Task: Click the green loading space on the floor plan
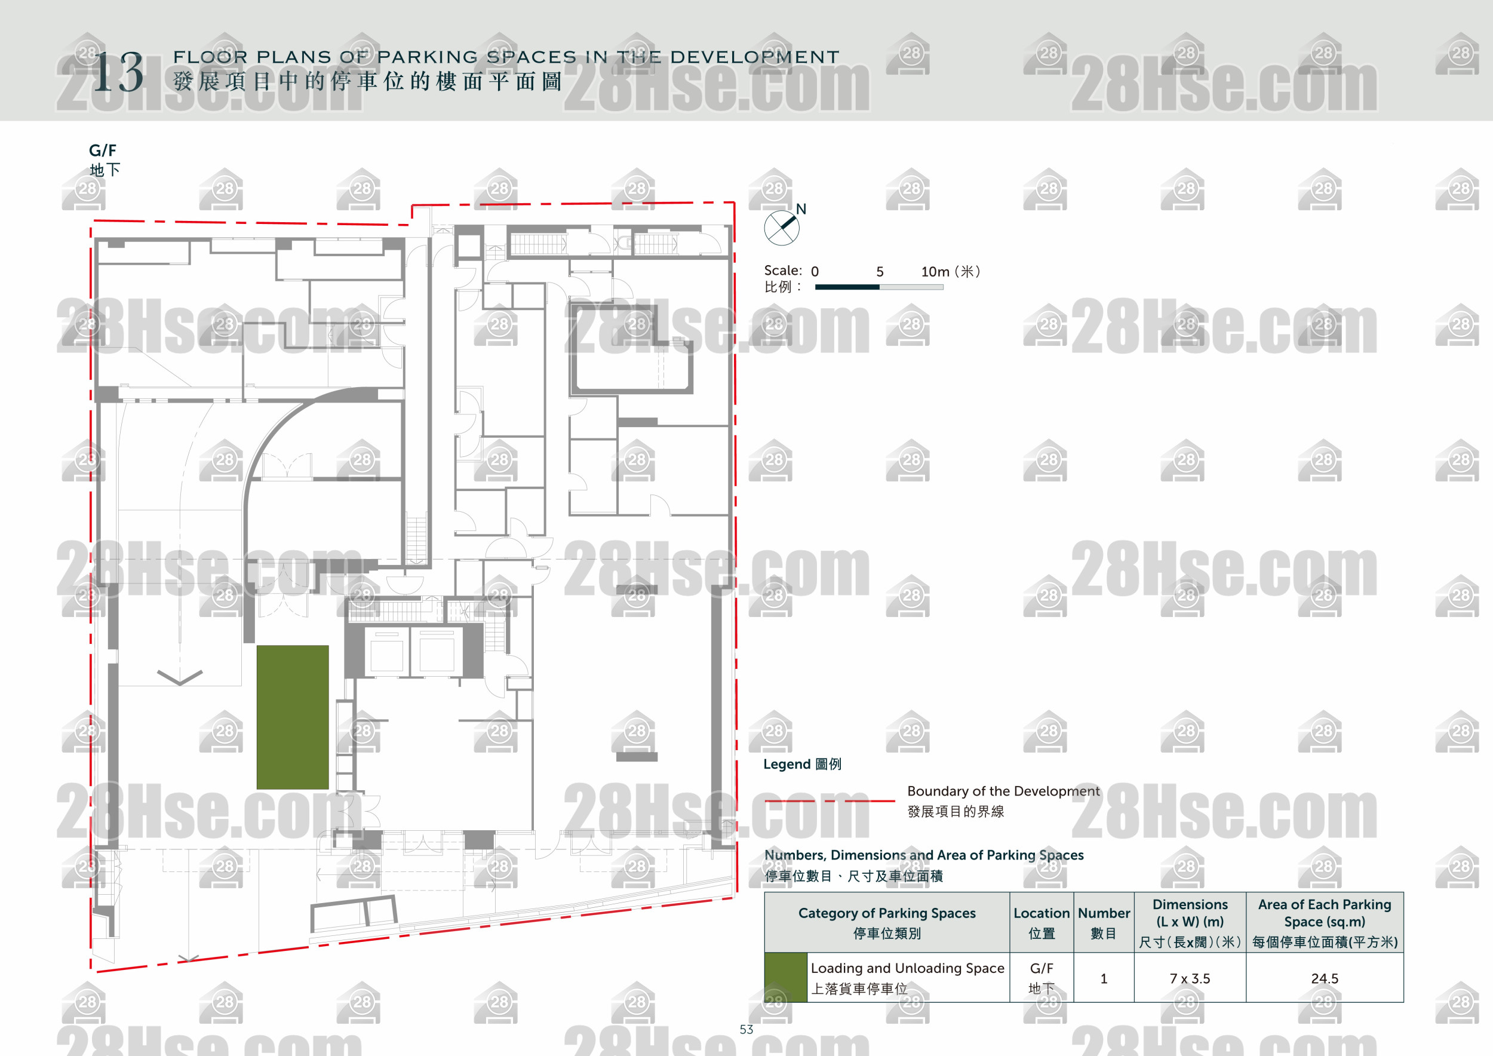pyautogui.click(x=293, y=717)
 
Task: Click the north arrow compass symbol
pyautogui.click(x=781, y=228)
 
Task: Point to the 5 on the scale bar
pyautogui.click(x=880, y=272)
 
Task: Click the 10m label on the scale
pyautogui.click(x=935, y=272)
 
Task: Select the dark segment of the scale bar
pyautogui.click(x=847, y=287)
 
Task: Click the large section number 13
pyautogui.click(x=118, y=73)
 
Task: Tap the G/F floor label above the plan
pyautogui.click(x=103, y=150)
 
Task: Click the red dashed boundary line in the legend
pyautogui.click(x=829, y=800)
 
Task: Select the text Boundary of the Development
pyautogui.click(x=1003, y=791)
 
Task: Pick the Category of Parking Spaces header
pyautogui.click(x=887, y=913)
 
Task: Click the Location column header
pyautogui.click(x=1041, y=913)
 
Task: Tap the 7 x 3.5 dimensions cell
pyautogui.click(x=1190, y=978)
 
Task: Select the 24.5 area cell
pyautogui.click(x=1325, y=978)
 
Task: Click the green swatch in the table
pyautogui.click(x=785, y=977)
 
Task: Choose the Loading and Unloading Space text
pyautogui.click(x=907, y=968)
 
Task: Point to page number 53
pyautogui.click(x=746, y=1029)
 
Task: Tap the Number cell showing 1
pyautogui.click(x=1104, y=978)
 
